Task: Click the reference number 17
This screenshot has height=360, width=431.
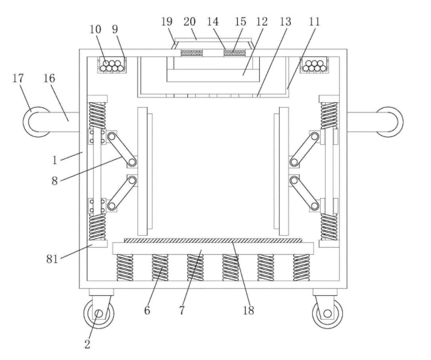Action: (18, 78)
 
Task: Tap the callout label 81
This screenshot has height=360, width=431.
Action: (52, 259)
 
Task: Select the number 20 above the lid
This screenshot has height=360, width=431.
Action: (189, 22)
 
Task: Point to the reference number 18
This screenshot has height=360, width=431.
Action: (248, 311)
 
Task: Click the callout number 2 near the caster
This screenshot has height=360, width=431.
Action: (87, 344)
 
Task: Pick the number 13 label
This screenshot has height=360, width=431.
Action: (286, 22)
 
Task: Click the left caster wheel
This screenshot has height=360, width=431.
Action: (99, 313)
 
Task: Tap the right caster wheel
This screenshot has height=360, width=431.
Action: (327, 313)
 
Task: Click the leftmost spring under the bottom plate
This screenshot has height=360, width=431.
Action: (125, 267)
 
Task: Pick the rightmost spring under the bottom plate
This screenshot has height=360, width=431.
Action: (301, 267)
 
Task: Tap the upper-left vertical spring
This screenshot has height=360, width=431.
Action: (97, 115)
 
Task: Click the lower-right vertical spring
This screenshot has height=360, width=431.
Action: (329, 227)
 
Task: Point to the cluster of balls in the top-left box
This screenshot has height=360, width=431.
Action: (112, 65)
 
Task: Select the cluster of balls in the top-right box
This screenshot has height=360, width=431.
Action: (315, 65)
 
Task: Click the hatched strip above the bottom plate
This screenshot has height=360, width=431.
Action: (213, 241)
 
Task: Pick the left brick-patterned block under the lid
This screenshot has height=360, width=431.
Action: (191, 53)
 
